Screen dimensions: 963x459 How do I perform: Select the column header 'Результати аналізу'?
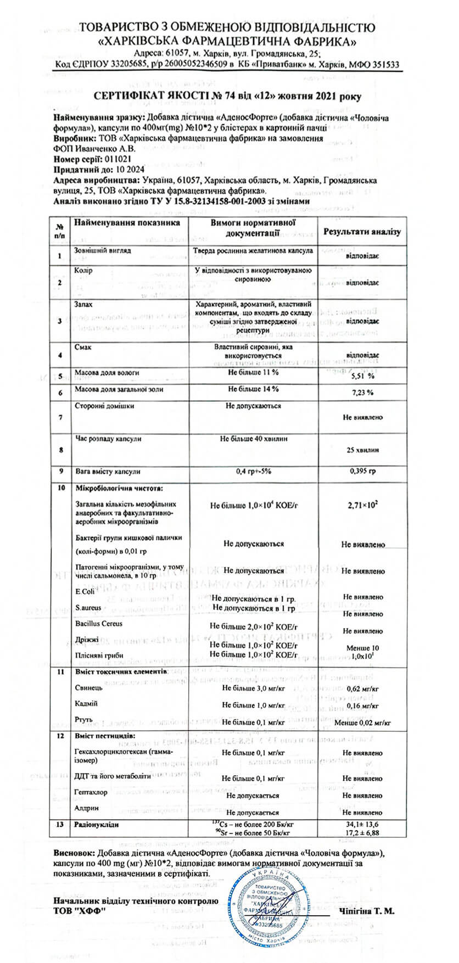pyautogui.click(x=362, y=232)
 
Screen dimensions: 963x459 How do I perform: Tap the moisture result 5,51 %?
pyautogui.click(x=362, y=376)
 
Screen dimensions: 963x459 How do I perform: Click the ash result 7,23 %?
pyautogui.click(x=362, y=393)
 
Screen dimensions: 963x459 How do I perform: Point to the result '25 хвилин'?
pyautogui.click(x=362, y=450)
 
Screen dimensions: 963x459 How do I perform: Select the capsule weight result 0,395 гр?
pyautogui.click(x=362, y=472)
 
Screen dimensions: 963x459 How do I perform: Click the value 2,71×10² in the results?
pyautogui.click(x=362, y=506)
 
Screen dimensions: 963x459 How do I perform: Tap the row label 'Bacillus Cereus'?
pyautogui.click(x=98, y=624)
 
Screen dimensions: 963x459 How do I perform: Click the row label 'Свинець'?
pyautogui.click(x=88, y=687)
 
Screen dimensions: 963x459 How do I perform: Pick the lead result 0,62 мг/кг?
pyautogui.click(x=365, y=689)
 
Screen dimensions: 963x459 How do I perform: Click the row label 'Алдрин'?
pyautogui.click(x=87, y=808)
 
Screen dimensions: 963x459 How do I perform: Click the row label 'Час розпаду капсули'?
pyautogui.click(x=108, y=439)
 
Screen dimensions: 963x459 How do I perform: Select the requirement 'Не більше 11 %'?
pyautogui.click(x=253, y=372)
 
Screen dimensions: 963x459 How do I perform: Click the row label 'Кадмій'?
pyautogui.click(x=87, y=703)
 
